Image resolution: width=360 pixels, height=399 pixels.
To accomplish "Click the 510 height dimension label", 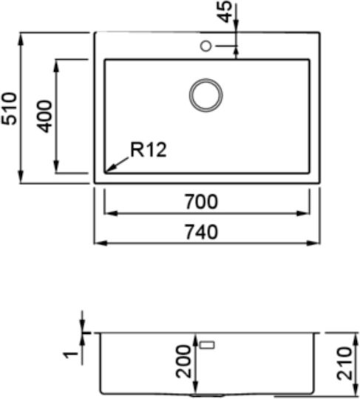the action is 9,109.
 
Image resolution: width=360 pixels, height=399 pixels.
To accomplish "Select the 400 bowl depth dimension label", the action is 44,116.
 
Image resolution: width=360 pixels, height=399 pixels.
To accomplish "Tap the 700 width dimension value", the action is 201,202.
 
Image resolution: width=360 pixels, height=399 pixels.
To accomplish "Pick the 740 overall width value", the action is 201,232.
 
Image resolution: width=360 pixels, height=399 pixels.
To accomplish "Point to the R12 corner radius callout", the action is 149,149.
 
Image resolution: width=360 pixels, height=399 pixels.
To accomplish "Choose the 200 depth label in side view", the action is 183,361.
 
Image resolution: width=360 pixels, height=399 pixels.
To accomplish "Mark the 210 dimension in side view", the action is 344,364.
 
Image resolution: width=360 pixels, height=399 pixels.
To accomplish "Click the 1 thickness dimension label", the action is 70,355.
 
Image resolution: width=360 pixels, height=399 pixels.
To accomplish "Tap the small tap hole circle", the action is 206,46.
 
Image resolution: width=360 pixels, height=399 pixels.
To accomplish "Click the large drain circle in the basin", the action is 206,95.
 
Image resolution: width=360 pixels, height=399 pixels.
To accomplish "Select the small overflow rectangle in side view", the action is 208,345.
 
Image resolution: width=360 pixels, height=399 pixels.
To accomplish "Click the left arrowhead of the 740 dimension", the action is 101,243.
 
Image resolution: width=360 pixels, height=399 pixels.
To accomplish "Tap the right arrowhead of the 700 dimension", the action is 304,214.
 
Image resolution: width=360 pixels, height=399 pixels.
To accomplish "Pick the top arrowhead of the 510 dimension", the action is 21,39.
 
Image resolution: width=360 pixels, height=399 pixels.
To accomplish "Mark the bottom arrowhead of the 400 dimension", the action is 56,167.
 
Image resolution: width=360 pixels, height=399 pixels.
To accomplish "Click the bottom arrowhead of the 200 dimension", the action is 195,387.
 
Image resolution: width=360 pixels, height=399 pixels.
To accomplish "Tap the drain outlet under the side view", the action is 207,395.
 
